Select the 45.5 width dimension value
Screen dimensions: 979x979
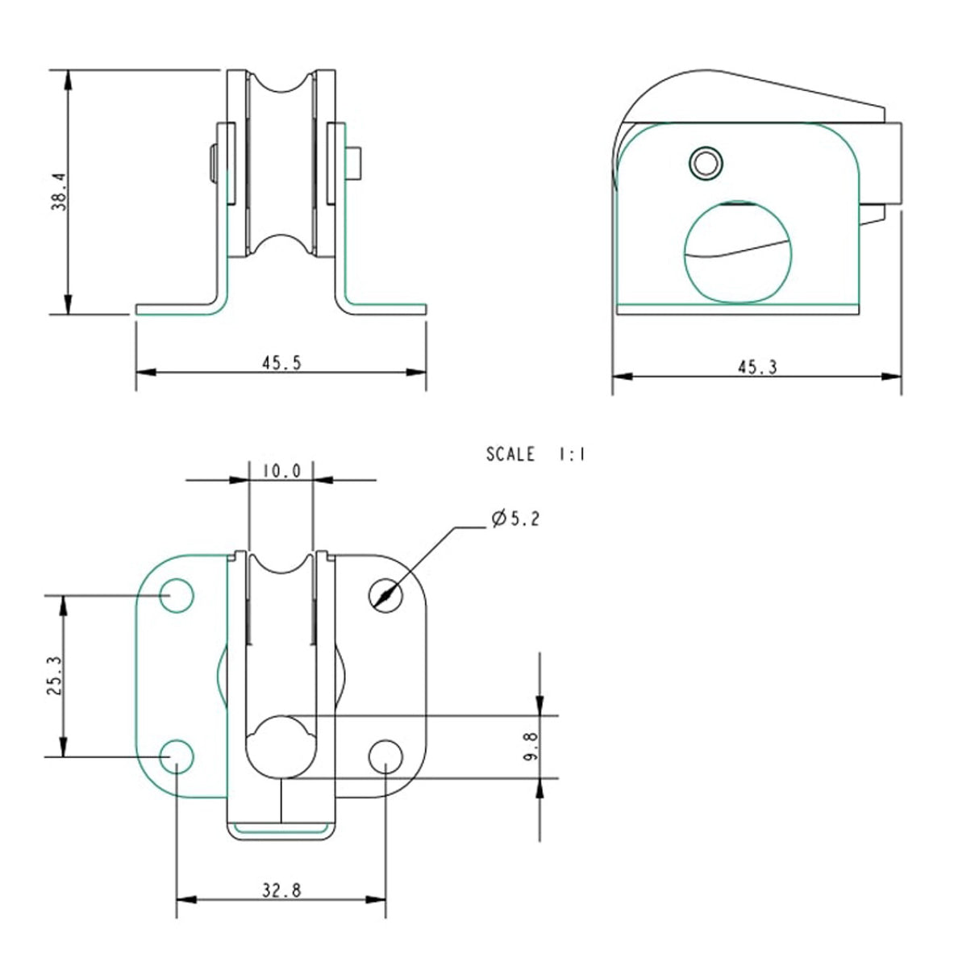(281, 363)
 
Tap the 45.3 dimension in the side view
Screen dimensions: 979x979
(756, 367)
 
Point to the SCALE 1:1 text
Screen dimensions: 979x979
(535, 455)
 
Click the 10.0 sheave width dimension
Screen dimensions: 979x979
(281, 470)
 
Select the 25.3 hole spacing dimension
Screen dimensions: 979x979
(54, 676)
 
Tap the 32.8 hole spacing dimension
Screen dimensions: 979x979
(281, 890)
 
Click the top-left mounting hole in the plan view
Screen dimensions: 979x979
(177, 596)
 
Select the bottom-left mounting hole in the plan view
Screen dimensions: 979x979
(177, 756)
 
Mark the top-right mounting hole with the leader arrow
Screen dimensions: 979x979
(385, 596)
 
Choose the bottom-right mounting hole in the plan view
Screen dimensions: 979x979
(385, 756)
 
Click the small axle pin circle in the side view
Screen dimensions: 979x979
(707, 164)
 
